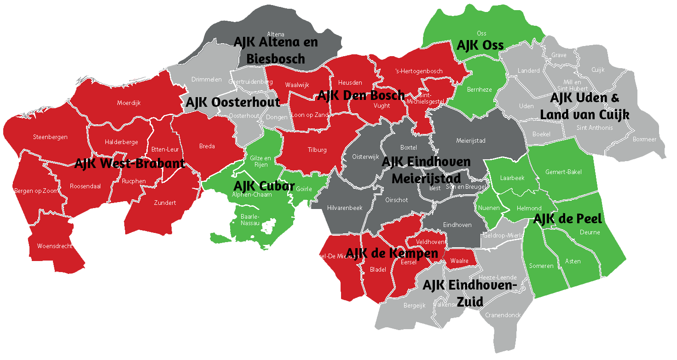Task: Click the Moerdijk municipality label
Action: point(129,103)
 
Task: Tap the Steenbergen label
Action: point(50,137)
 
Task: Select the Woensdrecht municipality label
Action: point(55,246)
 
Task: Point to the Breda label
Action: point(207,146)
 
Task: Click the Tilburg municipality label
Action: point(317,150)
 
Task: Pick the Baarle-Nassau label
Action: point(250,220)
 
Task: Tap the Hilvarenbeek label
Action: point(344,208)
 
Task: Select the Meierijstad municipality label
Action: point(470,140)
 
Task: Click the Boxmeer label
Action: point(644,139)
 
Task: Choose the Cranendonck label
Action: point(503,315)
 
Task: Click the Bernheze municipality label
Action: point(480,89)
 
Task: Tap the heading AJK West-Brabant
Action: point(129,163)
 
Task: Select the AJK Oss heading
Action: point(480,45)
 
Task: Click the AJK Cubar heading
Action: point(264,186)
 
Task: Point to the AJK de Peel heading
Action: point(567,219)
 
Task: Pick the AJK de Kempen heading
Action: point(392,253)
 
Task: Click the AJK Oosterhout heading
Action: point(232,102)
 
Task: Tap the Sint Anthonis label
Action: point(595,128)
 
